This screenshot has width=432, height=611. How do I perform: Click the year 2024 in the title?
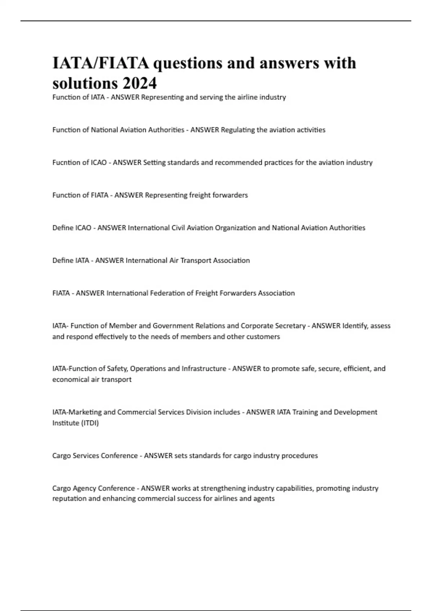(140, 83)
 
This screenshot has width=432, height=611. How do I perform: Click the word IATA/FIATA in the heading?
(101, 63)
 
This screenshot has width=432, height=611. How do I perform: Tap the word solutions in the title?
(85, 83)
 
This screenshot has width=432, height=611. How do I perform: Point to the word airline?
(248, 97)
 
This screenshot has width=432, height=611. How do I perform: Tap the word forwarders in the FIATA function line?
(230, 195)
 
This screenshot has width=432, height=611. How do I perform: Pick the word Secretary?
(290, 326)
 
